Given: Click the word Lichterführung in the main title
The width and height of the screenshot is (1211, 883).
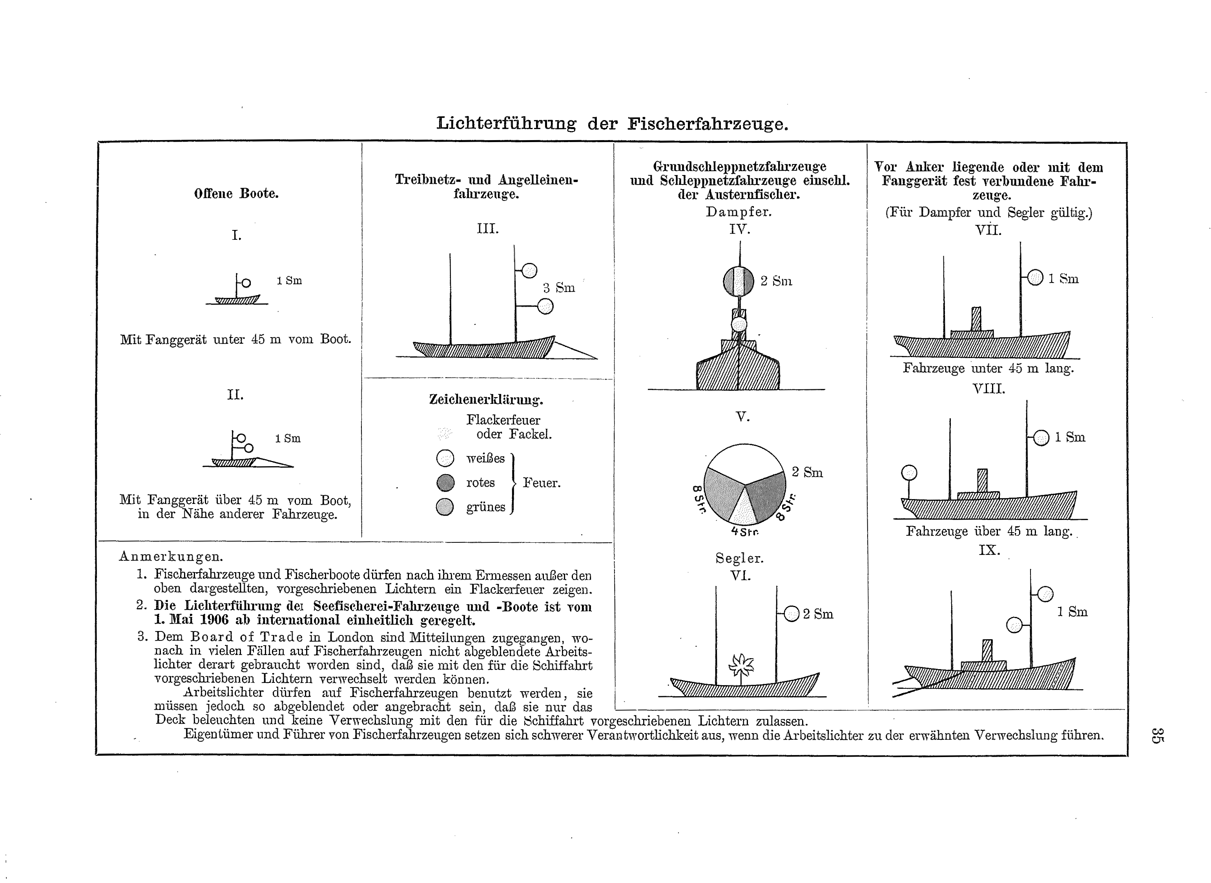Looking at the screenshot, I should point(506,124).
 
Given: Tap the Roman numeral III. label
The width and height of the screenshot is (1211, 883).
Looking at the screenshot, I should point(487,229).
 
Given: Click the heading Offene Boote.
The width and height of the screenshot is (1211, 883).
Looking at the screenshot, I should point(236,193).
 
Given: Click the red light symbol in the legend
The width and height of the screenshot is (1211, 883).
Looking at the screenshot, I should point(445,483).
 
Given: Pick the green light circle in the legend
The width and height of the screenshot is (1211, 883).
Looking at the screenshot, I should point(445,507).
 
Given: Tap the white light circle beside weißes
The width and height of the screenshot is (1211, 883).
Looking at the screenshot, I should point(445,458).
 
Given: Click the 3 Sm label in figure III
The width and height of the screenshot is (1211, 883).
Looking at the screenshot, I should point(559,288).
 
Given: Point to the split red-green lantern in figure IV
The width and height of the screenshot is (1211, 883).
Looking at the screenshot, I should point(739,281).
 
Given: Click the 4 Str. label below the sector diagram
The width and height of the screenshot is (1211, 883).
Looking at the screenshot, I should point(744,532).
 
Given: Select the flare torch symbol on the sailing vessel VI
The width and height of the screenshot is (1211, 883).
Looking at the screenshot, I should point(741,666).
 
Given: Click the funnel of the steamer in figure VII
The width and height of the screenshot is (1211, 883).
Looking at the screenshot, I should point(976,319).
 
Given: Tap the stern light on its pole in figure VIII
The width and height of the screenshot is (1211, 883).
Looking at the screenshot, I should point(909,473).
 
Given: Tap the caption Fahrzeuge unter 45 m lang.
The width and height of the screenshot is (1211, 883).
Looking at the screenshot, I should point(988,368).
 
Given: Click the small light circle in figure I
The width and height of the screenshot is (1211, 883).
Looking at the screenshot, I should point(246,283).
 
